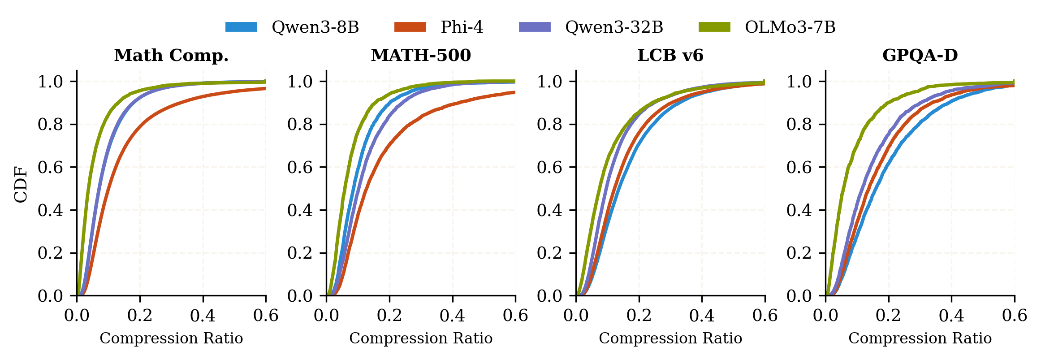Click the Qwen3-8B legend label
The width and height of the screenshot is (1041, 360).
[315, 27]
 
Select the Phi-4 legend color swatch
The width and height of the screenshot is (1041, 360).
[410, 27]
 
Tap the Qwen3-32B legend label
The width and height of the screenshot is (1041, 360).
[614, 27]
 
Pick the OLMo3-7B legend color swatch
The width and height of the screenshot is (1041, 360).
[714, 27]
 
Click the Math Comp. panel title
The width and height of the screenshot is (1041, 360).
[171, 56]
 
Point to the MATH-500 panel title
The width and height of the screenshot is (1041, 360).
[421, 56]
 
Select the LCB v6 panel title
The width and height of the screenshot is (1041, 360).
[670, 56]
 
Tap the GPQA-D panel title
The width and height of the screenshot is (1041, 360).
[920, 56]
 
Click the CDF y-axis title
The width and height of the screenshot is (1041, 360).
[21, 184]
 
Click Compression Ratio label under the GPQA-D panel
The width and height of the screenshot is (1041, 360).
[920, 338]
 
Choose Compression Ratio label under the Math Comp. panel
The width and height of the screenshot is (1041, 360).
[171, 338]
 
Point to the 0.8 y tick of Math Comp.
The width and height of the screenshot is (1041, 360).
[50, 124]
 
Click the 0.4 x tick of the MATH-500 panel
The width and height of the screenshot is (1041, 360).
[452, 316]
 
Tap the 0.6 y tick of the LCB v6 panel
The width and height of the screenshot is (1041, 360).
[549, 167]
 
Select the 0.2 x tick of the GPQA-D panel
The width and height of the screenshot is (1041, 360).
[889, 316]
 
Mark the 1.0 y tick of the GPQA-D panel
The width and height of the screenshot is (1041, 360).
[799, 82]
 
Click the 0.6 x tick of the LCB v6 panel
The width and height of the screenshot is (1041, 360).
[765, 316]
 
